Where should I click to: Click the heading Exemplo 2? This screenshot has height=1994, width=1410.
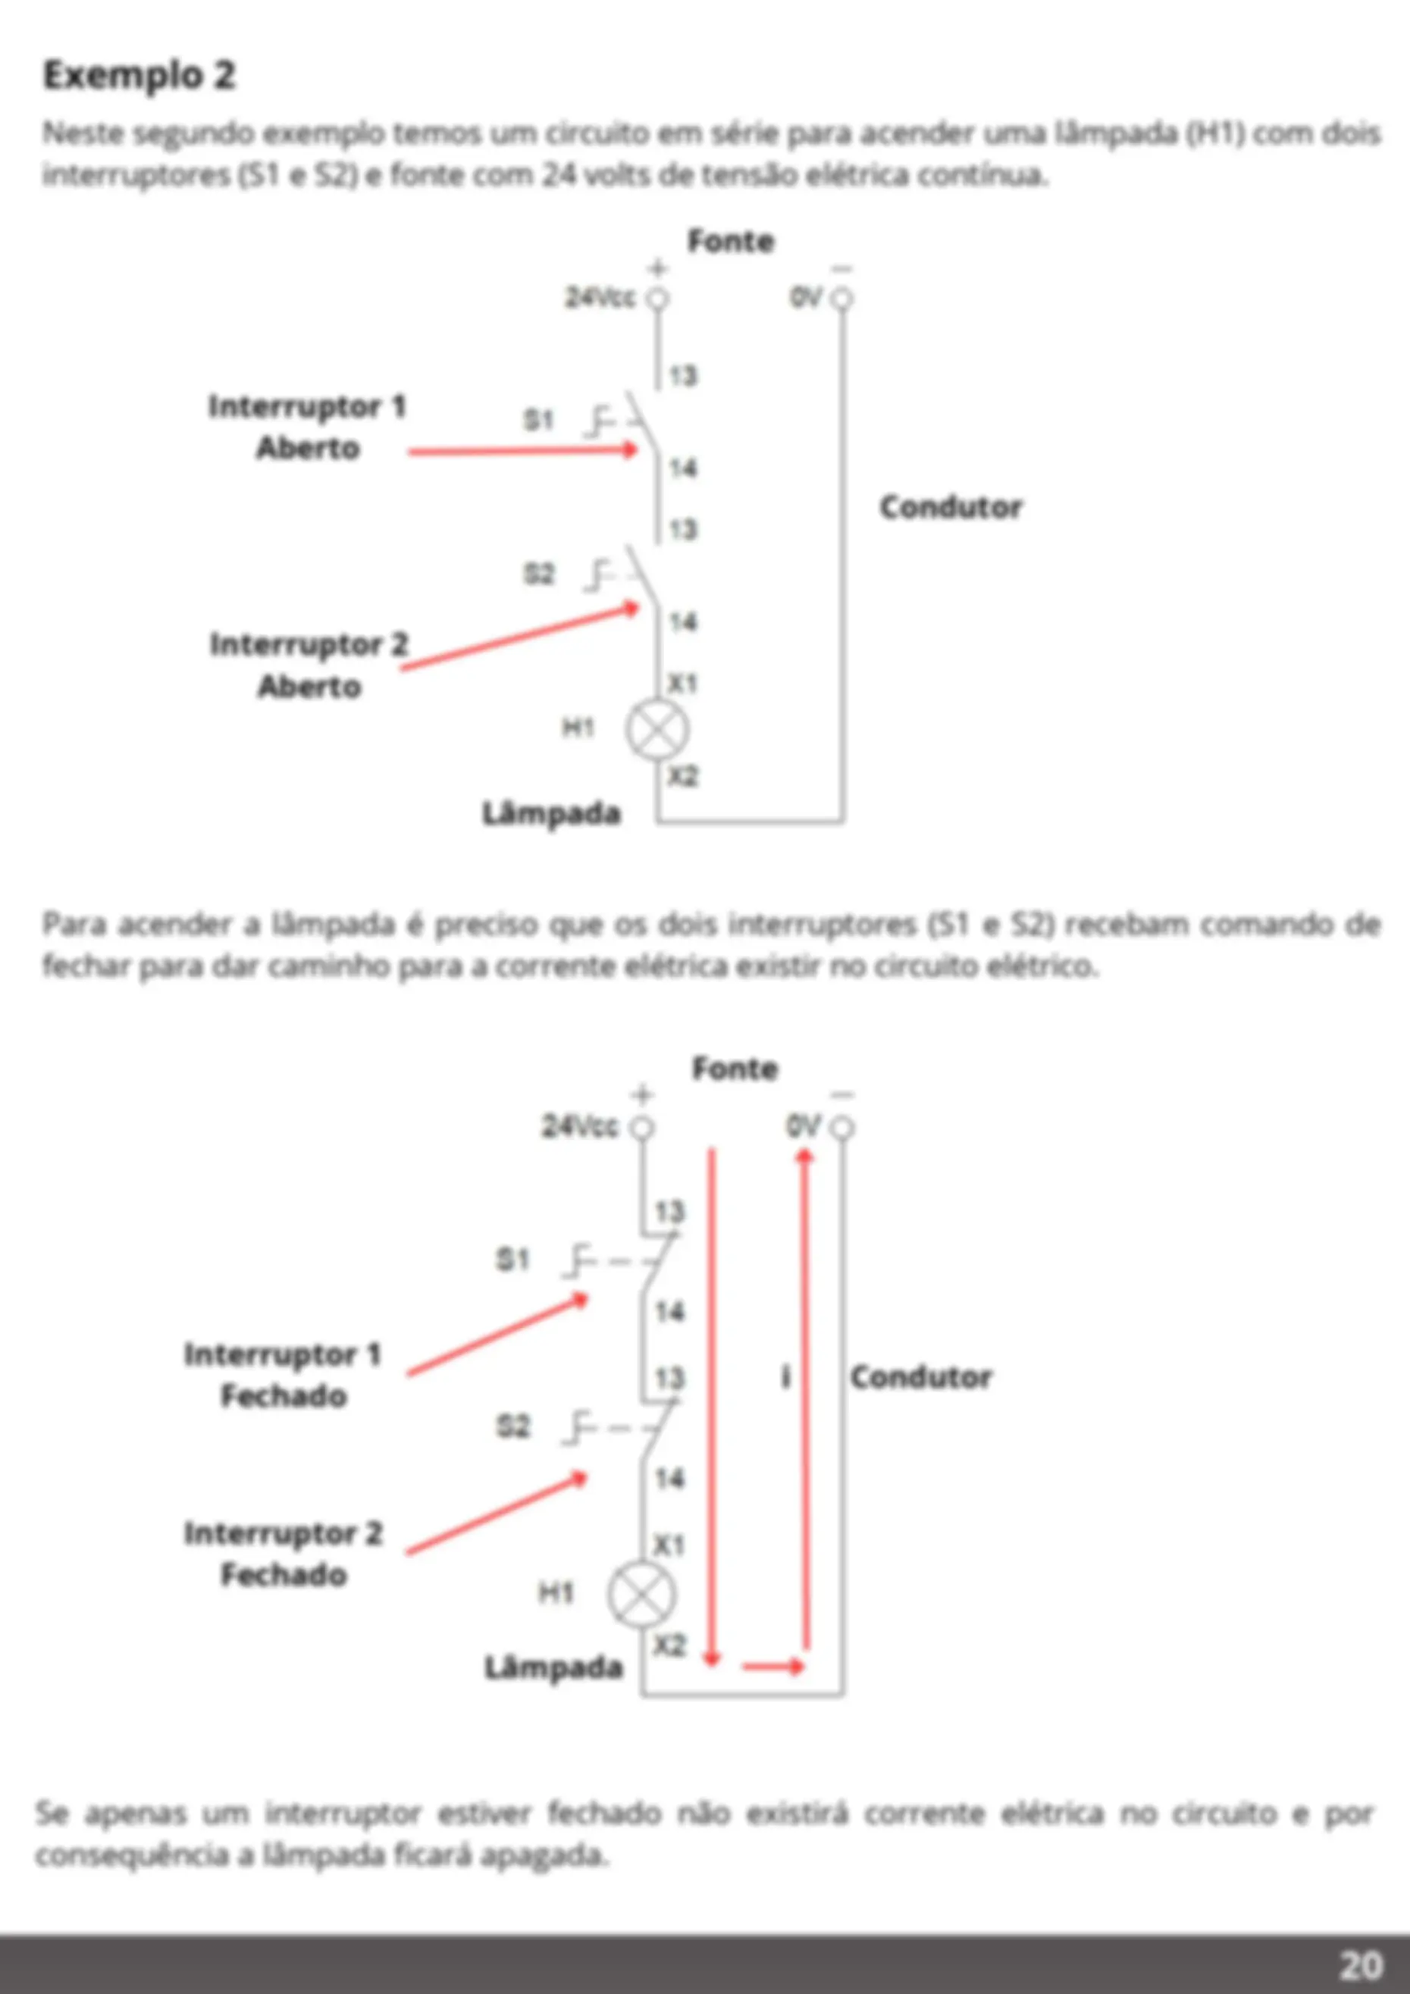point(139,76)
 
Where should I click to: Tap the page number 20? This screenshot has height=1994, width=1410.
point(1361,1964)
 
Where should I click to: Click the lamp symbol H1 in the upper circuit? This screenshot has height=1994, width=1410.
point(658,730)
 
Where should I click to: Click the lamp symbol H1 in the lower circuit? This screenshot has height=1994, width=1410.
point(641,1595)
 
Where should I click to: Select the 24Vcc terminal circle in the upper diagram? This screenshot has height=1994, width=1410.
point(658,298)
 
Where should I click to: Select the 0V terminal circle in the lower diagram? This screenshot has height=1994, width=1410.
point(841,1127)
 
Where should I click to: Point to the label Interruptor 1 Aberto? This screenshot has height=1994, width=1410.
point(308,427)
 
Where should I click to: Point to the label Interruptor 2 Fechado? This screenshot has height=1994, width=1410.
point(284,1554)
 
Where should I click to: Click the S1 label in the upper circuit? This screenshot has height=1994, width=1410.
point(537,421)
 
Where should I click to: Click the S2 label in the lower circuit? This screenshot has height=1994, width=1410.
point(512,1426)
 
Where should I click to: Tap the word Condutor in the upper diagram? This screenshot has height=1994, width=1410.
point(951,507)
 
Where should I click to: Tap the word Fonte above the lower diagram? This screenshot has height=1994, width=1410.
point(734,1068)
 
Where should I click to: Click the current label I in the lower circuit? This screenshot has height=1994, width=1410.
point(785,1376)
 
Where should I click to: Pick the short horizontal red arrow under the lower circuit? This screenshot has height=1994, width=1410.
point(773,1666)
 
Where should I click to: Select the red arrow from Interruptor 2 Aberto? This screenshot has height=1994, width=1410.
point(519,637)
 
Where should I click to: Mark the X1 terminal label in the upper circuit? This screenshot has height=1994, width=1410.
point(683,684)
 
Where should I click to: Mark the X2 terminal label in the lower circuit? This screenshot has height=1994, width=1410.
point(669,1645)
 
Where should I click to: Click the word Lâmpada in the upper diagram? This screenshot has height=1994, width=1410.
point(552,814)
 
